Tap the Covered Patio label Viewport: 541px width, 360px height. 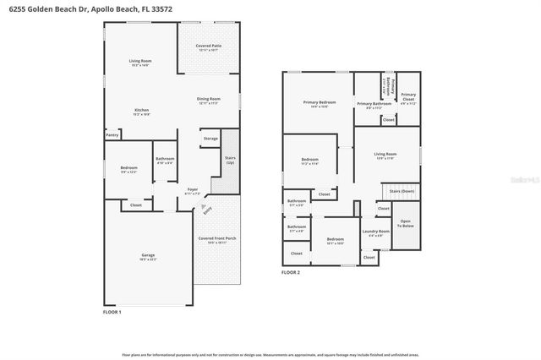pyautogui.click(x=208, y=46)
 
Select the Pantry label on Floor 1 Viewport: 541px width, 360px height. pyautogui.click(x=112, y=134)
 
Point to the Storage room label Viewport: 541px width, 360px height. pyautogui.click(x=210, y=138)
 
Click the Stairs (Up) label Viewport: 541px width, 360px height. pyautogui.click(x=230, y=159)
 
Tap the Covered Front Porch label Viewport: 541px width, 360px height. pyautogui.click(x=217, y=239)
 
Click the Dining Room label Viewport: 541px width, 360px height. pyautogui.click(x=208, y=101)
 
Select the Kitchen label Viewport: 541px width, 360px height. pyautogui.click(x=142, y=111)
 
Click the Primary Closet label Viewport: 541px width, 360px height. pyautogui.click(x=408, y=95)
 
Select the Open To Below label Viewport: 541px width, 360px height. pyautogui.click(x=406, y=224)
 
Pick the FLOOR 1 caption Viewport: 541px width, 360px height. pyautogui.click(x=112, y=312)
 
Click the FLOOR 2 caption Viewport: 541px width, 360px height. pyautogui.click(x=291, y=272)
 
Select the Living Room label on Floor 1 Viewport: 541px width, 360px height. pyautogui.click(x=140, y=61)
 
